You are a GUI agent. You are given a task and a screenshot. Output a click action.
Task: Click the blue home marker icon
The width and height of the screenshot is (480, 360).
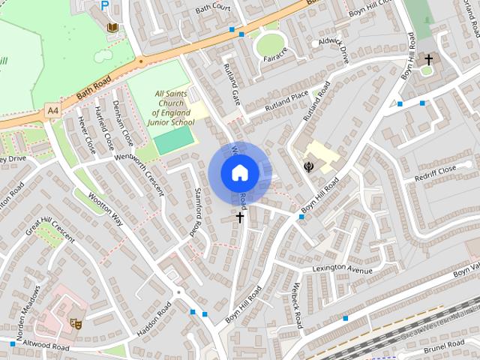click(x=240, y=172)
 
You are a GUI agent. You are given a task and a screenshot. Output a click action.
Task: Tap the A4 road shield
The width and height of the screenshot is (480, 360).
click(x=52, y=111)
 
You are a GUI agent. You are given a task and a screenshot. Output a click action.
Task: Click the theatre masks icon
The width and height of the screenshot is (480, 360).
click(x=75, y=323)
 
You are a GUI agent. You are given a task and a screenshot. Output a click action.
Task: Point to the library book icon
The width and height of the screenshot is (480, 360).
click(x=112, y=28)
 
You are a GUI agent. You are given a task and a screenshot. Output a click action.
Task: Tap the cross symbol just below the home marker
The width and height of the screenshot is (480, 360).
click(x=240, y=217)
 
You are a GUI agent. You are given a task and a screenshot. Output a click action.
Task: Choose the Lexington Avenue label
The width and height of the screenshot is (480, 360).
click(x=342, y=270)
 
